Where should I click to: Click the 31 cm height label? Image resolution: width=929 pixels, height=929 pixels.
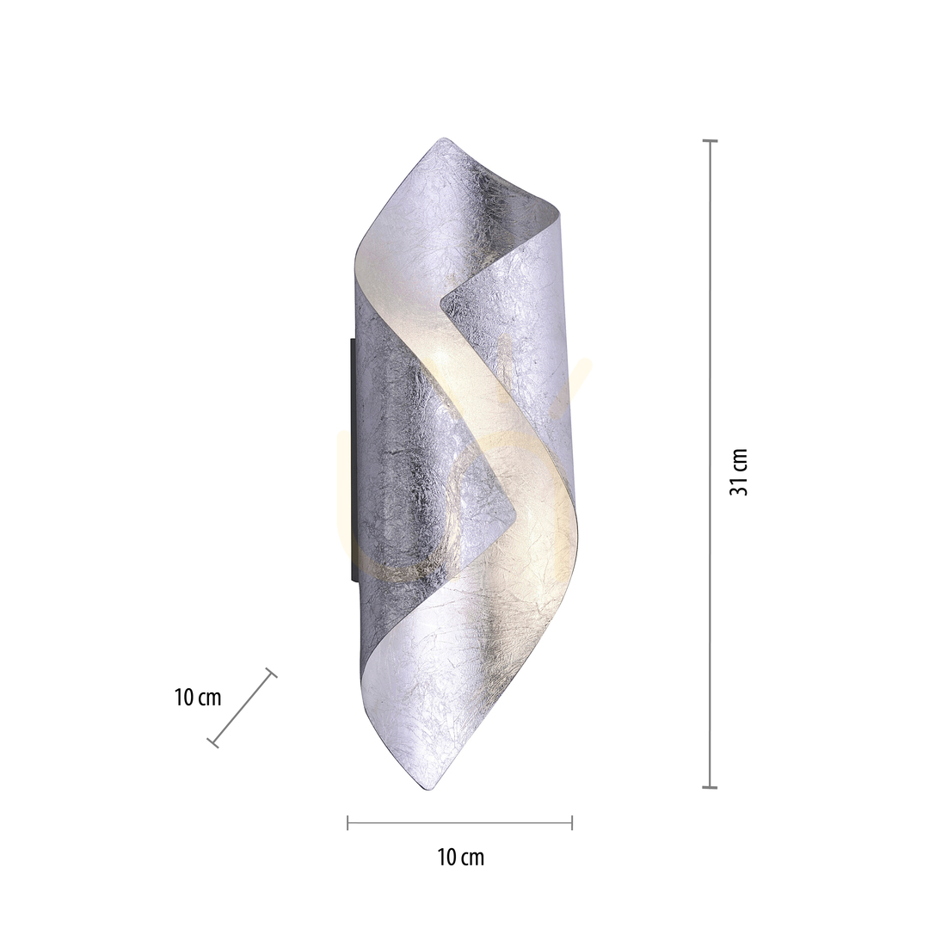pos(739,471)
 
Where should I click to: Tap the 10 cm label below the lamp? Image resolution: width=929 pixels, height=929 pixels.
pos(460,858)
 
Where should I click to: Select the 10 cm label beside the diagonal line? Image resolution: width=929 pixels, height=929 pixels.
pos(198,698)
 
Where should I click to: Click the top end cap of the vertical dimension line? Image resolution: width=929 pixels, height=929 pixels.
pos(710,141)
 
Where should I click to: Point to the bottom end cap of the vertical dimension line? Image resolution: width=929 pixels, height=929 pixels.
pos(710,787)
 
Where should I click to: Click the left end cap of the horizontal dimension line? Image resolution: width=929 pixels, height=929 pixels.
pos(348,822)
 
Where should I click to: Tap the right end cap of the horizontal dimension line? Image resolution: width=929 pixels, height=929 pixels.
pos(572,822)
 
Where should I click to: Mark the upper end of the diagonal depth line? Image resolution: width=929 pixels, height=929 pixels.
pos(271,673)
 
